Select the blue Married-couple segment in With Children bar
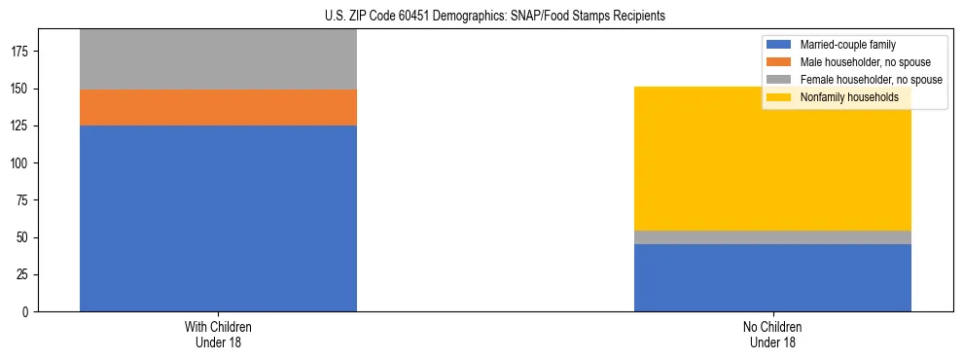[218, 218]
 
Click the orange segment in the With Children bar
[218, 107]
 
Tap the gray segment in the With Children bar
[218, 59]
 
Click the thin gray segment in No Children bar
[772, 237]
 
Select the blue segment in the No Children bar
[772, 277]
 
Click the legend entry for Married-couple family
[847, 45]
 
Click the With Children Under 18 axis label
[218, 334]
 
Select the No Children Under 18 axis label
[772, 334]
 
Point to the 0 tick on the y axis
[28, 312]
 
